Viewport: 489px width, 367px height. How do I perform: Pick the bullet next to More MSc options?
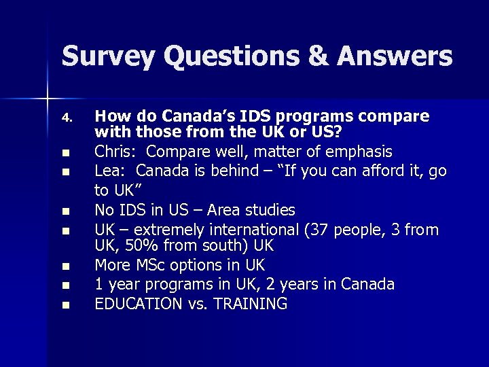(x=66, y=266)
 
